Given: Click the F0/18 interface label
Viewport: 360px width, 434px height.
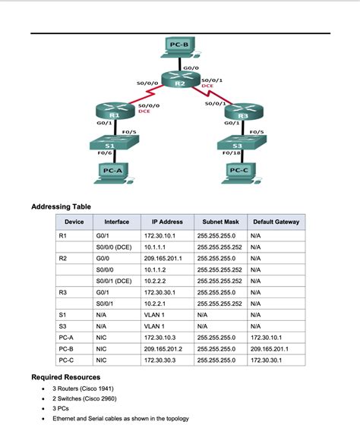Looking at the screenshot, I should (x=232, y=153).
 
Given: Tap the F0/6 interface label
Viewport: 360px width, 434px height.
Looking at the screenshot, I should (x=103, y=153).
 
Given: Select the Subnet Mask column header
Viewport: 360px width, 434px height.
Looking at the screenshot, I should (x=220, y=222).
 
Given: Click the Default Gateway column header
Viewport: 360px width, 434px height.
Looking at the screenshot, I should (x=276, y=222).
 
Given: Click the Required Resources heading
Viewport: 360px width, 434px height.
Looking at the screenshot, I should (x=65, y=377).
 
